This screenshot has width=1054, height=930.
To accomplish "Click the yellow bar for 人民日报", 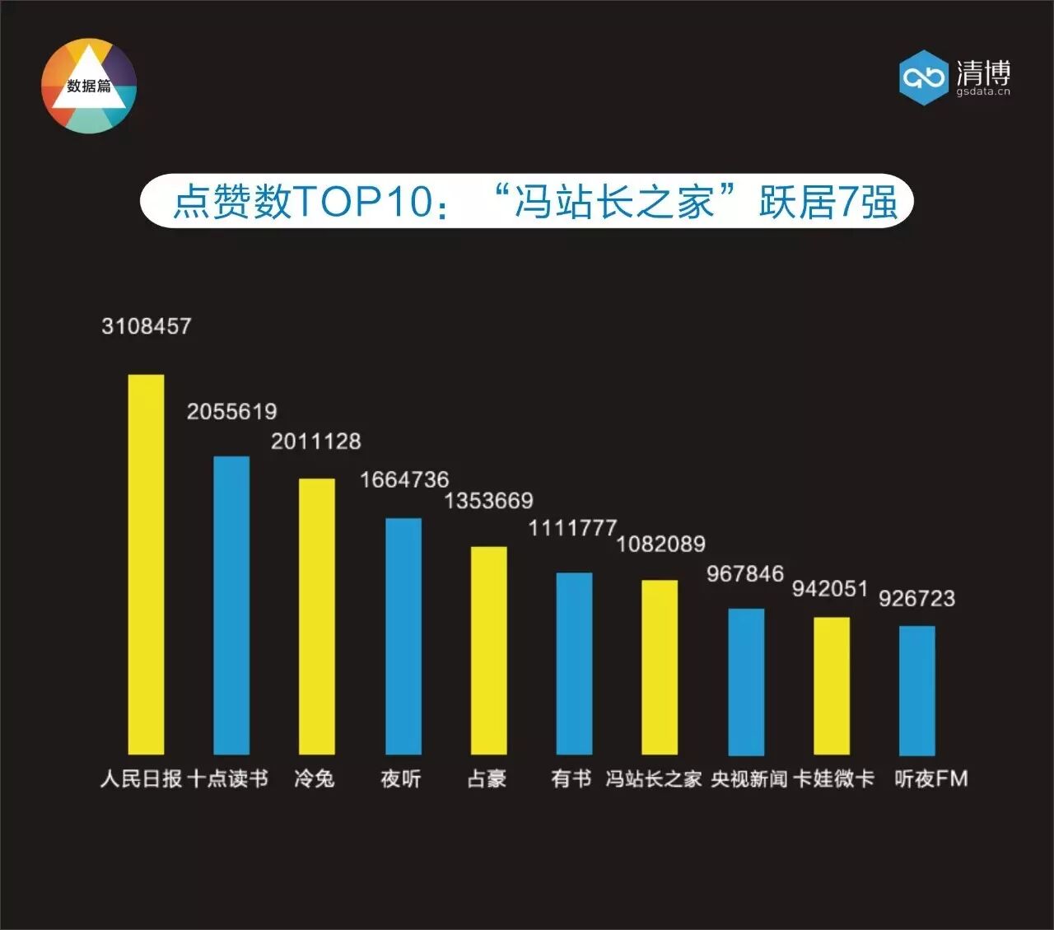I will pyautogui.click(x=146, y=564).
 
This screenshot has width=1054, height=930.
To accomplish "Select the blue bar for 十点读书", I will pyautogui.click(x=231, y=605).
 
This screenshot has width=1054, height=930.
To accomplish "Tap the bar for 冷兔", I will pyautogui.click(x=316, y=616).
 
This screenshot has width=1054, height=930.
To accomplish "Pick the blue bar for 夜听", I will pyautogui.click(x=403, y=636).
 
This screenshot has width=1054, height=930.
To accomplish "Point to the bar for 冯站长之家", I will pyautogui.click(x=660, y=667).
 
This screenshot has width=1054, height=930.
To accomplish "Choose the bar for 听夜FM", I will pyautogui.click(x=916, y=690).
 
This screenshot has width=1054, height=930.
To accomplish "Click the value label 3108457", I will pyautogui.click(x=147, y=326).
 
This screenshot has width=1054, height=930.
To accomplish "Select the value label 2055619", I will pyautogui.click(x=231, y=411).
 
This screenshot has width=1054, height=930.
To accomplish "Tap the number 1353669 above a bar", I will pyautogui.click(x=489, y=500).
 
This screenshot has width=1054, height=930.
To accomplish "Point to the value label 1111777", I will pyautogui.click(x=572, y=528).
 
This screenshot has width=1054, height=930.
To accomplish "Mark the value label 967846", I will pyautogui.click(x=744, y=573).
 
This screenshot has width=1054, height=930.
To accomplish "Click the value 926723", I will pyautogui.click(x=916, y=598).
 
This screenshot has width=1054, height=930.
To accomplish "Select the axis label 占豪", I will pyautogui.click(x=487, y=778).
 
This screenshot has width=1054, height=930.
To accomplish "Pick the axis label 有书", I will pyautogui.click(x=571, y=778).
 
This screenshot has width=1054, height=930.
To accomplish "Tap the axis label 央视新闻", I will pyautogui.click(x=749, y=778).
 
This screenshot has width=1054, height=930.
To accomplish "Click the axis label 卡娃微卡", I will pyautogui.click(x=834, y=778).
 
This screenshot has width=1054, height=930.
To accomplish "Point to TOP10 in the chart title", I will pyautogui.click(x=362, y=201).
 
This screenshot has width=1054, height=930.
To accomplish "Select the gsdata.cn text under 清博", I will pyautogui.click(x=983, y=92).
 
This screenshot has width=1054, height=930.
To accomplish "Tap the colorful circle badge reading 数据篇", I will pyautogui.click(x=89, y=86).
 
